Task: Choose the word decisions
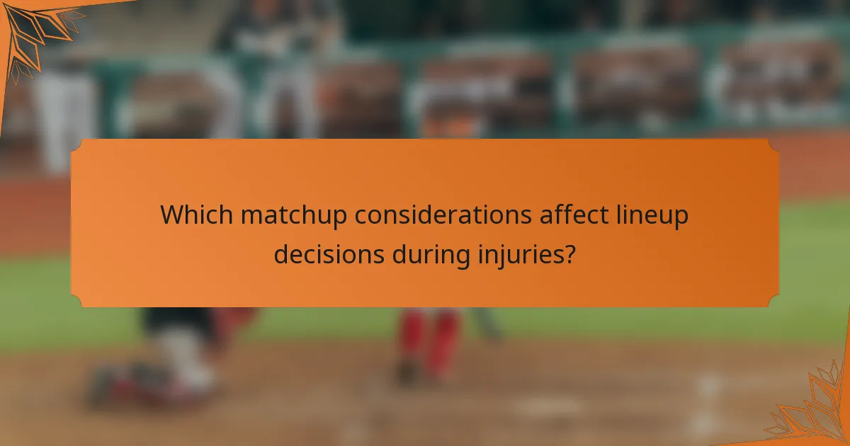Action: click(x=329, y=253)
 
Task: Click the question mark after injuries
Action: click(x=568, y=253)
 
